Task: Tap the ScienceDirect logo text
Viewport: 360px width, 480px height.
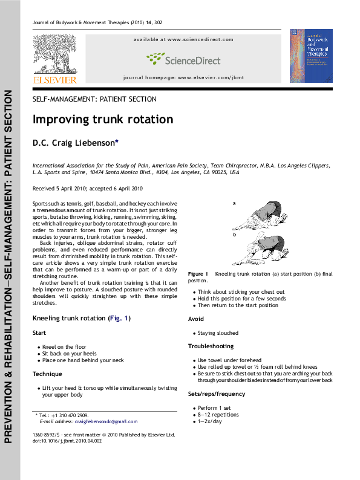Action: click(183, 60)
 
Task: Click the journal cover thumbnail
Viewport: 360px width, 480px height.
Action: click(311, 56)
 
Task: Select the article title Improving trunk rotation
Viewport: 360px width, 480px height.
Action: click(103, 120)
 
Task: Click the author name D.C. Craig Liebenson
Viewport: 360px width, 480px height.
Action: click(83, 143)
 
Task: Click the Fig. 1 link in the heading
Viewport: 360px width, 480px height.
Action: click(119, 318)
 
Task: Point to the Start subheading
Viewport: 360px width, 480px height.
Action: click(39, 333)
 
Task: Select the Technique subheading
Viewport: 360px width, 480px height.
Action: click(47, 374)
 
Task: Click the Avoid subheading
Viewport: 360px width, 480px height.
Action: click(196, 319)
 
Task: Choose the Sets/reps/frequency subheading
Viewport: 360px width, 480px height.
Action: click(217, 394)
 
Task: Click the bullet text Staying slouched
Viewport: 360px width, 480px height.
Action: click(218, 333)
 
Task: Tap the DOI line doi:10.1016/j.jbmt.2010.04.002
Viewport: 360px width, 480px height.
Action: click(67, 441)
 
